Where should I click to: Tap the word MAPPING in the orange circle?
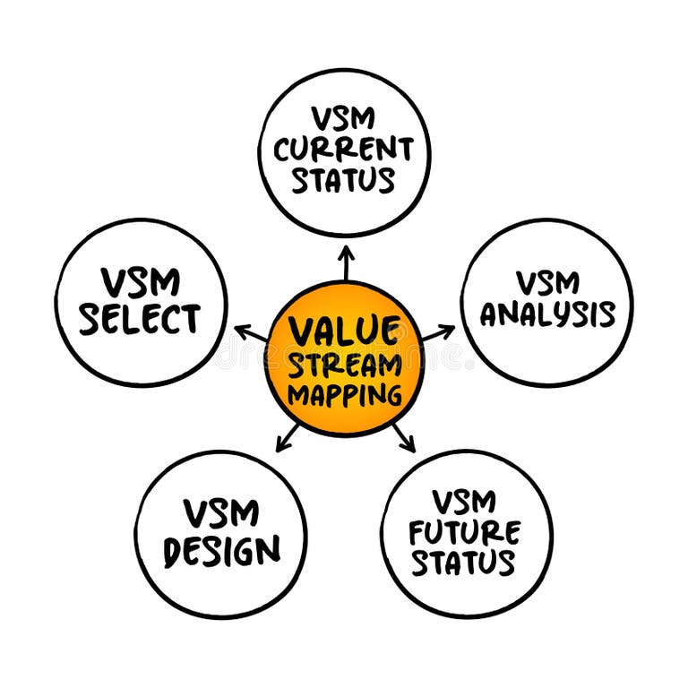coord(344,394)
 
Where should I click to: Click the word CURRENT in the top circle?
coord(344,149)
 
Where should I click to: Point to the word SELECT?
coord(140,319)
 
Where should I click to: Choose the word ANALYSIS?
coord(547,314)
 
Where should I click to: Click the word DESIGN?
coord(221,550)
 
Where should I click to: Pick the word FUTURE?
coord(464,532)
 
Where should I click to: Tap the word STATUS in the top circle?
coord(344,179)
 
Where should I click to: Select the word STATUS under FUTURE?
coord(465,563)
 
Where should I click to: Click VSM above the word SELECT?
coord(141,283)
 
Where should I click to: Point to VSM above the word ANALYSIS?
coord(547,283)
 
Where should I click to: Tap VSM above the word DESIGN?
coord(221,514)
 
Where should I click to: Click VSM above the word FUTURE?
coord(464,502)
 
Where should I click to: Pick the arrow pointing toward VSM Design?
coord(287,439)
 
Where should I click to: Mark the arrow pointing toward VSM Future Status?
coord(404,439)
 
